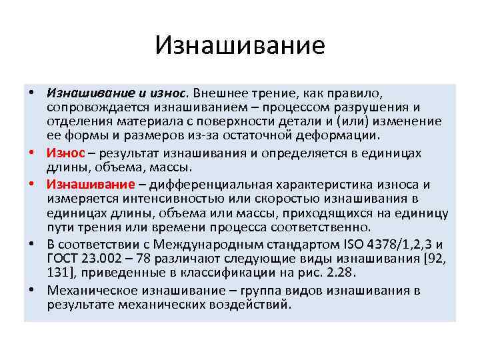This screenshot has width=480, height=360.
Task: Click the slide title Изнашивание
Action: click(240, 46)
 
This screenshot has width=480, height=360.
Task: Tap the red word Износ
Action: click(65, 153)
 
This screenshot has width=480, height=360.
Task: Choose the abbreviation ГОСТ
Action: click(64, 257)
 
